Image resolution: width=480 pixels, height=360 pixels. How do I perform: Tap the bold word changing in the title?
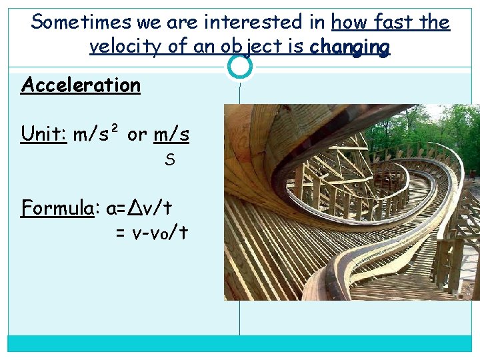coord(349,47)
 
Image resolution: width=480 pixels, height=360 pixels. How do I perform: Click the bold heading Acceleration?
coord(81,85)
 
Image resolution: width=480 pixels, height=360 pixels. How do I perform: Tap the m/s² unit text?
coord(97,135)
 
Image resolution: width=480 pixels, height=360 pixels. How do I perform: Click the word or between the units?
coord(137,135)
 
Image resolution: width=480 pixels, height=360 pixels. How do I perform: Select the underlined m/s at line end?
coord(171,135)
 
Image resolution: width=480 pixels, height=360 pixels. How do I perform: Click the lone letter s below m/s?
coord(169,160)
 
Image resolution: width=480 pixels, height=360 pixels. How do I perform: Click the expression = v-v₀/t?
coord(151,233)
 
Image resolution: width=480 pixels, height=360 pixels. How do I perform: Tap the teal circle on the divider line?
coord(240,66)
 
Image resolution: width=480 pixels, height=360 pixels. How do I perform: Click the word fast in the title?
coord(390,22)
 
